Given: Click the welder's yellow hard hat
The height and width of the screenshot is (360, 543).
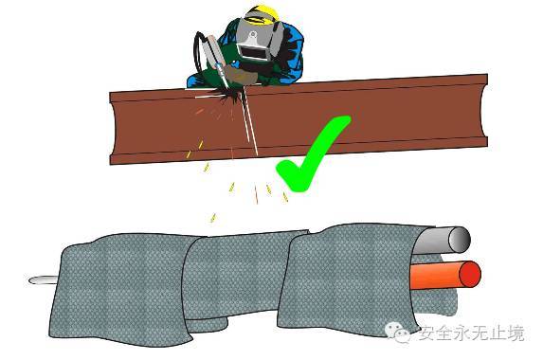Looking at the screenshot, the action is pyautogui.click(x=262, y=14).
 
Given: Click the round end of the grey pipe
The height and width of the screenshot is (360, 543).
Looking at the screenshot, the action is pyautogui.click(x=460, y=240).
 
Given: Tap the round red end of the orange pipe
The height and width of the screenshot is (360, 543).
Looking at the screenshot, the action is pyautogui.click(x=470, y=274).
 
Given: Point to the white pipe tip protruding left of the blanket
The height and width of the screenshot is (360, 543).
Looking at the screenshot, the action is pyautogui.click(x=42, y=279).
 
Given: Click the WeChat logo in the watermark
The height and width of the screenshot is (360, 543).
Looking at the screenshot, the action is pyautogui.click(x=397, y=333).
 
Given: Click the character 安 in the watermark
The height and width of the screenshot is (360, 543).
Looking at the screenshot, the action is pyautogui.click(x=427, y=333).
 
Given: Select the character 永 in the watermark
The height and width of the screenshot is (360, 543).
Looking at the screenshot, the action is pyautogui.click(x=463, y=333).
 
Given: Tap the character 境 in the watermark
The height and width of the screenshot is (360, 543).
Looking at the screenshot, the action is pyautogui.click(x=516, y=333).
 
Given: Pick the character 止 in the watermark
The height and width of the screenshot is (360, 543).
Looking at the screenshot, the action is pyautogui.click(x=498, y=333).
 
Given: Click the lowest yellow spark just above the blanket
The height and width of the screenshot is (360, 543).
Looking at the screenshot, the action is pyautogui.click(x=213, y=218).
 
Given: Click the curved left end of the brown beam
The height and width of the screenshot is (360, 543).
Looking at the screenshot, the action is pyautogui.click(x=114, y=128).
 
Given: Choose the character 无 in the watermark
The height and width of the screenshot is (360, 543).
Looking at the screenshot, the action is pyautogui.click(x=480, y=333).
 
